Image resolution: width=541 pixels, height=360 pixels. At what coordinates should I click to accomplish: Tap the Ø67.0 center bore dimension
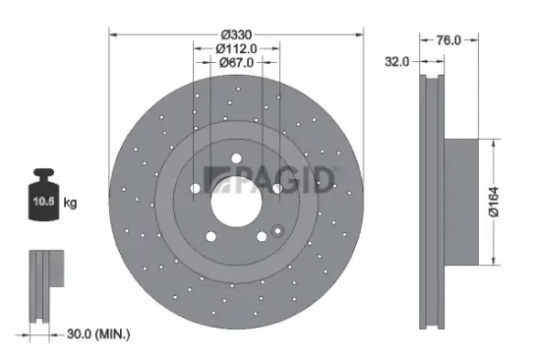236,63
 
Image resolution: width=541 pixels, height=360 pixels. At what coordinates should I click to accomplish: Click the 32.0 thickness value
397,60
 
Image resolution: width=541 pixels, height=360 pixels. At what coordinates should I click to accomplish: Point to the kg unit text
71,203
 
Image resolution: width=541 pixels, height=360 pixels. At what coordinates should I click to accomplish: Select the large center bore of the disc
236,200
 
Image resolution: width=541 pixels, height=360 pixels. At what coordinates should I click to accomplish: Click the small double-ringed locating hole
277,233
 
